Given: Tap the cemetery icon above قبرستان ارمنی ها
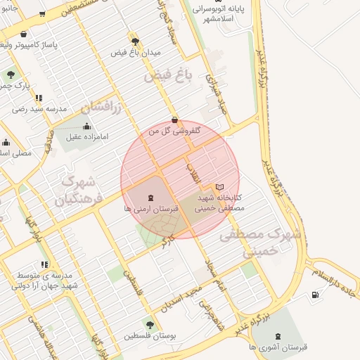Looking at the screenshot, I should [x=150, y=198].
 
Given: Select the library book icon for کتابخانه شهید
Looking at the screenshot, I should [x=219, y=187].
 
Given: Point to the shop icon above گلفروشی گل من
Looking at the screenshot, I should [x=174, y=120].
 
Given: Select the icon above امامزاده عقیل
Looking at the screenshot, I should [x=86, y=127].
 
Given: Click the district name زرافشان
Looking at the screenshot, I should [x=101, y=108].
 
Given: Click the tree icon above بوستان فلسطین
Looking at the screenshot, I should [x=149, y=325].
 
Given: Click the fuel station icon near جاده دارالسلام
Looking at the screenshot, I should [x=314, y=294].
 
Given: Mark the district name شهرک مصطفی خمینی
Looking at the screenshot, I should [x=260, y=243].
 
